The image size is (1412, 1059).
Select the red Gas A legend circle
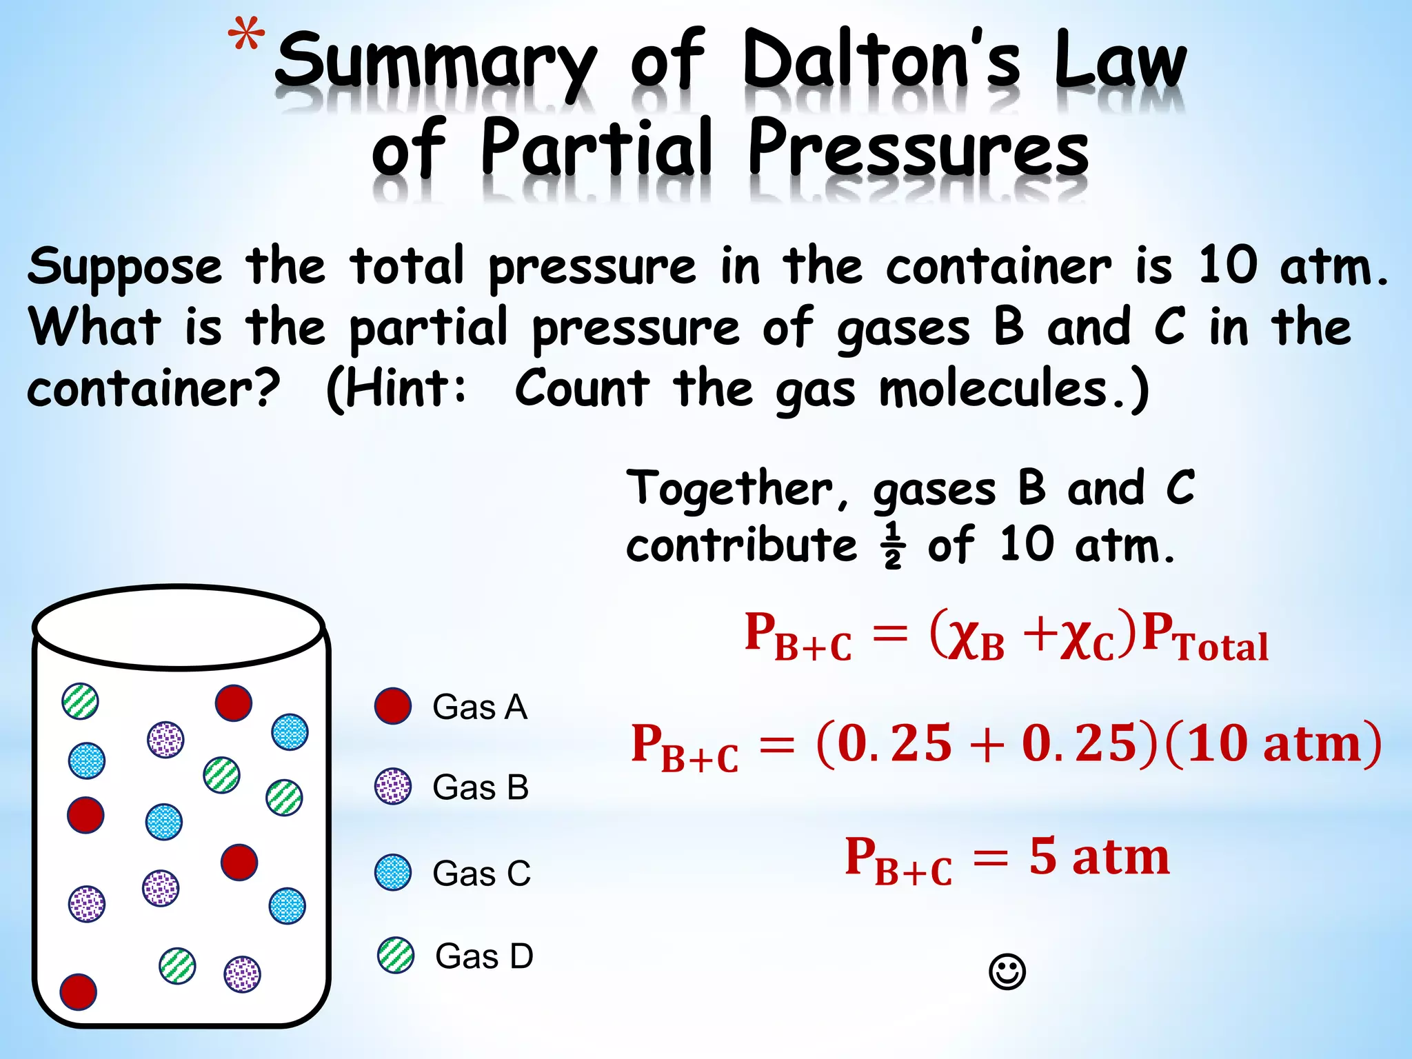click(393, 706)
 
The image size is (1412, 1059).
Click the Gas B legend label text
click(480, 787)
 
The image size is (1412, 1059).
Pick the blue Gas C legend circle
click(393, 872)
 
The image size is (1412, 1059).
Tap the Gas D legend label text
click(484, 956)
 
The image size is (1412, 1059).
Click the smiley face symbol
click(1007, 972)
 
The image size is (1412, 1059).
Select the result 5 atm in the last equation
click(1099, 857)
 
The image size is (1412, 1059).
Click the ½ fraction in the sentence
click(892, 545)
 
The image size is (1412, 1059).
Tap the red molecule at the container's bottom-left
click(79, 991)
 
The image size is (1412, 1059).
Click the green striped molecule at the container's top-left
click(81, 701)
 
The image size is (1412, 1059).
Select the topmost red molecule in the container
click(234, 703)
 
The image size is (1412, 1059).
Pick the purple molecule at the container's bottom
click(243, 974)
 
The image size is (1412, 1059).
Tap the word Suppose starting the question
click(125, 268)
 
